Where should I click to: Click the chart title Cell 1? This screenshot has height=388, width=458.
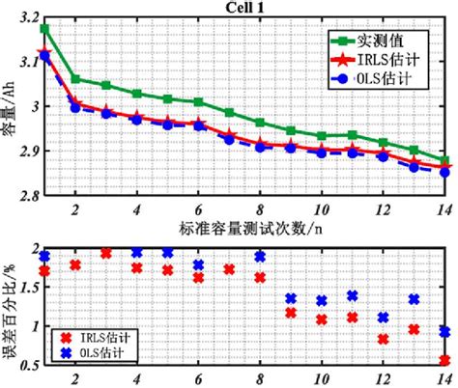click(245, 7)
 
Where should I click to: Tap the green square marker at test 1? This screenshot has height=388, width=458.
click(44, 29)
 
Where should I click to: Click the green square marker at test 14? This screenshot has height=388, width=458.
click(444, 161)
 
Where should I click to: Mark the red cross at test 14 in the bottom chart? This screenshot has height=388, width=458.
click(444, 360)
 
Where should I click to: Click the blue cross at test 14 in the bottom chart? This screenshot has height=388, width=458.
click(444, 332)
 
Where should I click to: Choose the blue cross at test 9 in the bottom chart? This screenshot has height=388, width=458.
click(291, 299)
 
